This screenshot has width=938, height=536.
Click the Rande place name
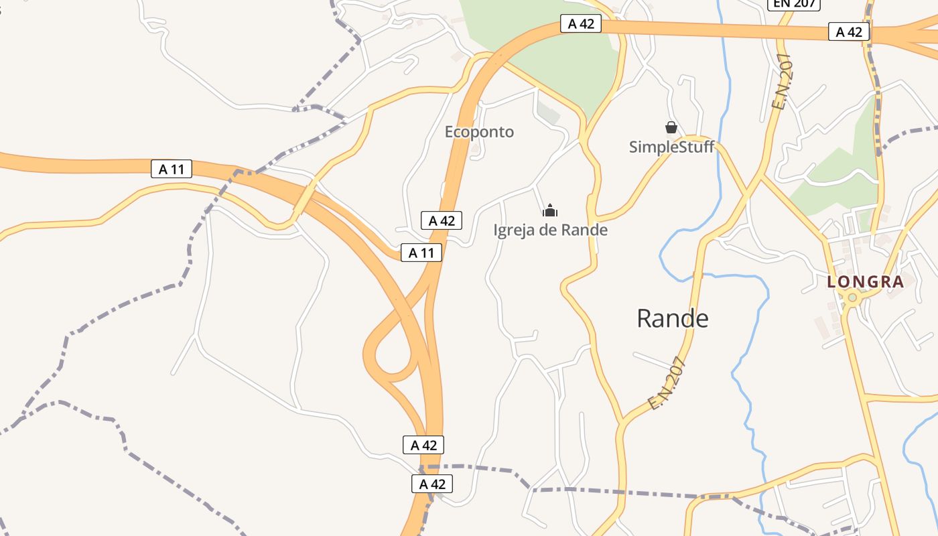point(672,319)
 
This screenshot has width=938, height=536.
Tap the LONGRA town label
point(866,282)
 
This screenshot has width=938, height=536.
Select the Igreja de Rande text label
point(550,230)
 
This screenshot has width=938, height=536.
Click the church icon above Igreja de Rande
point(550,211)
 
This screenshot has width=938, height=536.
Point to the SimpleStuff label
point(671,147)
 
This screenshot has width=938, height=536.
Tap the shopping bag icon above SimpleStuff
point(671,127)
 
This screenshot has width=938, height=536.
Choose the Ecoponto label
point(479,132)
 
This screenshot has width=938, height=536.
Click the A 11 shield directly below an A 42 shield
point(421,253)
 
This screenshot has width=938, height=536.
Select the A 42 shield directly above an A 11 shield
point(442,220)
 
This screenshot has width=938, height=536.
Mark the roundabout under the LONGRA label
point(852,297)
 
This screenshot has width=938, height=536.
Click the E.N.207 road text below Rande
point(668,383)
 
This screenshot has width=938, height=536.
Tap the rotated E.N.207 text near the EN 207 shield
point(782,81)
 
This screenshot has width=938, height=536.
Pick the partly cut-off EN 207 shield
point(794,4)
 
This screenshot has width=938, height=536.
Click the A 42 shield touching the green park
point(581,24)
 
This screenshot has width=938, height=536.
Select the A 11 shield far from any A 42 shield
point(172,169)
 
